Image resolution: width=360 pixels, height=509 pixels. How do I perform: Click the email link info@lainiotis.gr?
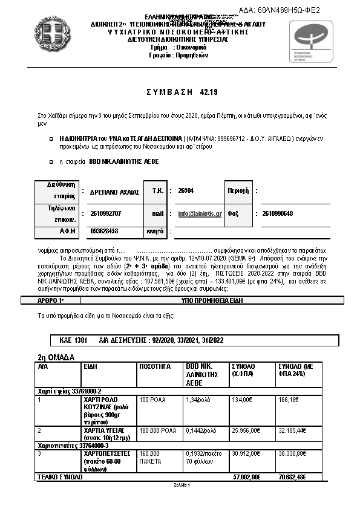pos(200,213)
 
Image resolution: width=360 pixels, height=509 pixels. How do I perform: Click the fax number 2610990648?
pos(278,213)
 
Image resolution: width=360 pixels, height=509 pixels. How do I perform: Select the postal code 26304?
pos(186,190)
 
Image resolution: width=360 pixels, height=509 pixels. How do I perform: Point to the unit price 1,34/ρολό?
pos(198,400)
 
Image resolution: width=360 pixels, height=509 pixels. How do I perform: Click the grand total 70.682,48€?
pos(293,477)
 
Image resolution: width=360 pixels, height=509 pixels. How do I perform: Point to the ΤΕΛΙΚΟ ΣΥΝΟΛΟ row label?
pos(61,477)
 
